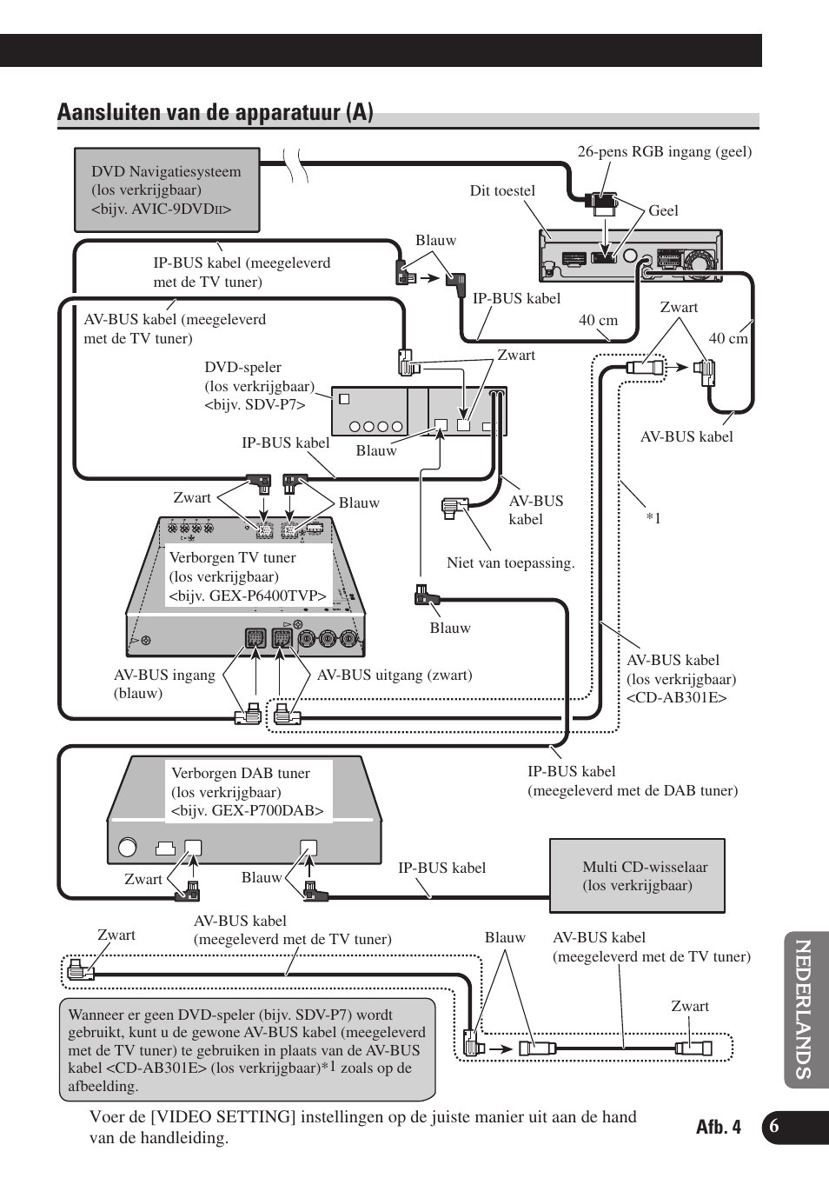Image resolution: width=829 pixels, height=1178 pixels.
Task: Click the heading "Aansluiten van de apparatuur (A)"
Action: coord(216,113)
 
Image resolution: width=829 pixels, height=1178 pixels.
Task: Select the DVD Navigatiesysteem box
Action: coord(167,190)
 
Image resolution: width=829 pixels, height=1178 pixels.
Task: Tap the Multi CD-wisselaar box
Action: coord(637,875)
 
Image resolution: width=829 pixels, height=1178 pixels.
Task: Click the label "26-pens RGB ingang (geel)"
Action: coord(664,152)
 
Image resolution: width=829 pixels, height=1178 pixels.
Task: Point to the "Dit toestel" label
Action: coord(502,191)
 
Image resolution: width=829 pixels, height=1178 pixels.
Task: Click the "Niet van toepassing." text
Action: coord(510,563)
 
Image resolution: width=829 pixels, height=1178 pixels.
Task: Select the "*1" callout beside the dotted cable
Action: coord(653,518)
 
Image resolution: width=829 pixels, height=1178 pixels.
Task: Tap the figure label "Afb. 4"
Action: coord(719,1127)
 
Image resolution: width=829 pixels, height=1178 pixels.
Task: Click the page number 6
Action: coord(774,1127)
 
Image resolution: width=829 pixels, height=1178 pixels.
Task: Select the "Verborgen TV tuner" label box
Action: coord(248,576)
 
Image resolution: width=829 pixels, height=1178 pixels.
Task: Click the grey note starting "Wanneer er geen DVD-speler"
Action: coord(248,1049)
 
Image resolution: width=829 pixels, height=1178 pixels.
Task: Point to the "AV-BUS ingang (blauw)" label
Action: coord(164,684)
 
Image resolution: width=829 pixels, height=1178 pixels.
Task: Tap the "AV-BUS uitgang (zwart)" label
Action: coord(395,676)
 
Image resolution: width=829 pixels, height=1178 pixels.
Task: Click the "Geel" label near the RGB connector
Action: coord(663,210)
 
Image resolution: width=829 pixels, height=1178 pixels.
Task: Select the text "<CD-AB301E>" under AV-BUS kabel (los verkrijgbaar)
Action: coord(676,698)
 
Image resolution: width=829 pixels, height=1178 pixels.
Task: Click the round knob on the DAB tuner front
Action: coord(128,847)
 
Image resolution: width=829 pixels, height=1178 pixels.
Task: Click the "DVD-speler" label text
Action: coord(242,368)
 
